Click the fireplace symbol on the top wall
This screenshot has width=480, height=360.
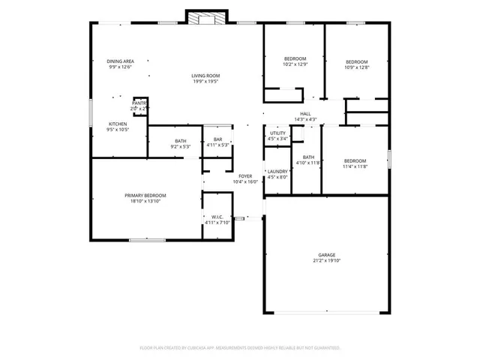[201, 19]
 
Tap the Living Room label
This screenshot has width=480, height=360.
[205, 76]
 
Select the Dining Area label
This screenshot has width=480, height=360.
[120, 61]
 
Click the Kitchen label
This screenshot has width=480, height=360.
[118, 124]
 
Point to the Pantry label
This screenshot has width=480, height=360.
[139, 103]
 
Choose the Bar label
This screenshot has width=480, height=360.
[217, 139]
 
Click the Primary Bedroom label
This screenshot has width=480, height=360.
[145, 195]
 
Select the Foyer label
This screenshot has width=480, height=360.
[245, 176]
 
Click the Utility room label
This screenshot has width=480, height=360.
[277, 133]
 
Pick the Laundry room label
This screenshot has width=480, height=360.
[277, 172]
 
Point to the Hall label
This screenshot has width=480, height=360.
[305, 114]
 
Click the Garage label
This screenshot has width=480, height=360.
[325, 255]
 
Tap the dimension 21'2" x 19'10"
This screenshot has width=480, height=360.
[325, 261]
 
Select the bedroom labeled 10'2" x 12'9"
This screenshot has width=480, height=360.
[294, 61]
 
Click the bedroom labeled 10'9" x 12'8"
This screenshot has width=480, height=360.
[356, 64]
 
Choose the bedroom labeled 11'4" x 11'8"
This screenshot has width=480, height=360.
[355, 163]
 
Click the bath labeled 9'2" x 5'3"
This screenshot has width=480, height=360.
[181, 142]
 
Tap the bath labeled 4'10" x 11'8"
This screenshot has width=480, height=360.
[307, 160]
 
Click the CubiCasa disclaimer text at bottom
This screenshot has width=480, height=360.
[240, 348]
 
